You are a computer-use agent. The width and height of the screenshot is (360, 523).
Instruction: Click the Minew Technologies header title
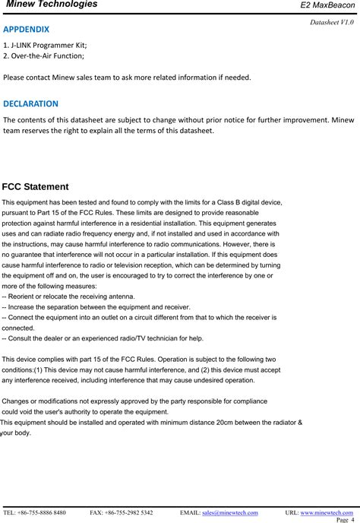point(52,5)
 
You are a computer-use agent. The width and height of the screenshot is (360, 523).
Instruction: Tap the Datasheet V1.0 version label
point(332,22)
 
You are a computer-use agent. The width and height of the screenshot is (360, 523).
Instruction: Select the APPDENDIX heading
point(27,30)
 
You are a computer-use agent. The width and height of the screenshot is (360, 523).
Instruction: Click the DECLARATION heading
point(31,103)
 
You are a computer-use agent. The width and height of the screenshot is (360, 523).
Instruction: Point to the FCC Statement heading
point(36,187)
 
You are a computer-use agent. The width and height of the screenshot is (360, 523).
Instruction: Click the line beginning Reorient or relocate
point(58,296)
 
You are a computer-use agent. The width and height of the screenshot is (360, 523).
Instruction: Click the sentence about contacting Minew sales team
point(127,78)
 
